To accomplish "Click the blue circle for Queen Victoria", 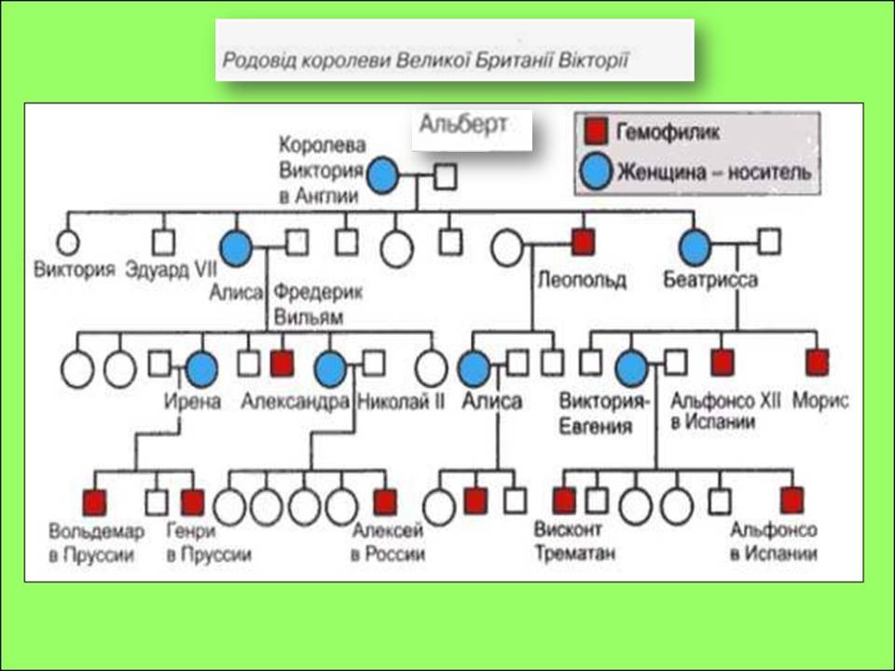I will tap(383, 175).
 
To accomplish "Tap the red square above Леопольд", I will tap(583, 243).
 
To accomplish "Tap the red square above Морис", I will tap(818, 362).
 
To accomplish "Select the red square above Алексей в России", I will tap(385, 501).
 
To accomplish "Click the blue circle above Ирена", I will tap(201, 369).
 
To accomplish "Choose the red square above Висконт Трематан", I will tap(564, 500).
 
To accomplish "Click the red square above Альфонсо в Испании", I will tap(792, 500).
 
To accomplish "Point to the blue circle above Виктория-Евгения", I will tap(633, 368).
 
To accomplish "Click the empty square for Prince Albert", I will tap(446, 175).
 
